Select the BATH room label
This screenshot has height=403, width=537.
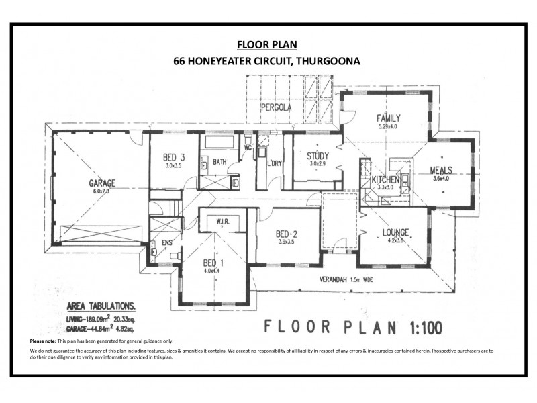point(219,162)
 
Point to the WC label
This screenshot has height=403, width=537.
point(248,147)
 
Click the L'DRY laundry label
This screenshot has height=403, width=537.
point(274,163)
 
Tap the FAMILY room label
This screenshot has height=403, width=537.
point(388,118)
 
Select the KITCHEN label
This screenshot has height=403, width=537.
point(385,180)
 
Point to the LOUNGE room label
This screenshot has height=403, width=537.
point(395,233)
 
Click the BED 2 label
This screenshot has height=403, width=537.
point(287,234)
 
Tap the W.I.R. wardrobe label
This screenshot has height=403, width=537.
point(221,220)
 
